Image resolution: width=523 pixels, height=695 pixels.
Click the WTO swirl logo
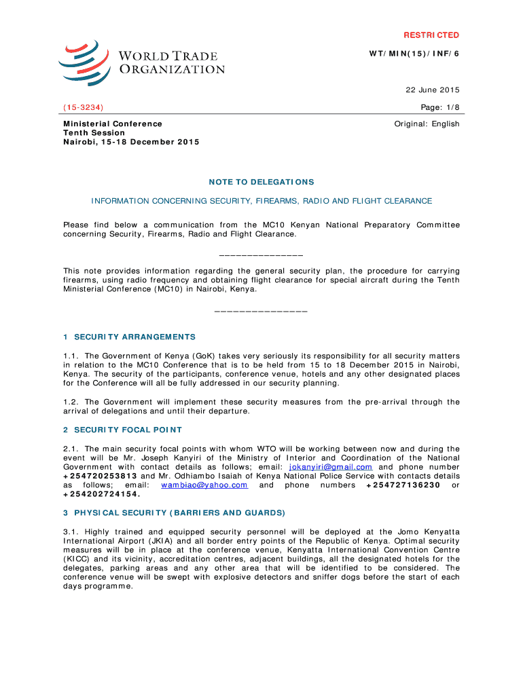tap(84, 62)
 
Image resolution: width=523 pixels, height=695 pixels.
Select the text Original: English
tap(427, 124)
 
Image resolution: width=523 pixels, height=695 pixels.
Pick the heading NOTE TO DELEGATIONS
tap(261, 183)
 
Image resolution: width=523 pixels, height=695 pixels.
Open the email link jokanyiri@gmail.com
tap(331, 467)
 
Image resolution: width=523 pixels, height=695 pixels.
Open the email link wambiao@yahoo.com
tap(204, 485)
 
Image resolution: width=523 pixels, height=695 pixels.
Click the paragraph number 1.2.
tap(71, 402)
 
